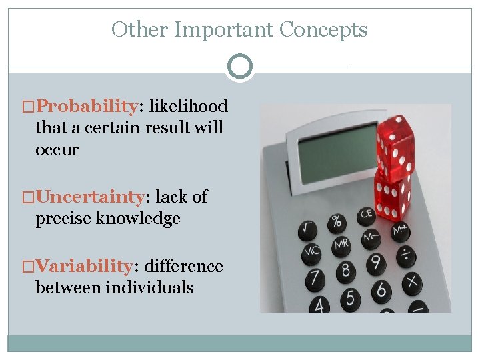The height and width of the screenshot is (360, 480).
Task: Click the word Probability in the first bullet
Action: pos(87,106)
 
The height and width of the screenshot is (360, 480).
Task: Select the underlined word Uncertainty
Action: pos(91,197)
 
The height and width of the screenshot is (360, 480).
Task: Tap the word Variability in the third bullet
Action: pos(84,266)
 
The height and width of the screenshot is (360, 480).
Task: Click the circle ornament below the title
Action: pos(239,67)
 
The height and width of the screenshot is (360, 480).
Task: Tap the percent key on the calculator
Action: pos(337,221)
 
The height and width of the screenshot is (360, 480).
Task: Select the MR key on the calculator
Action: pos(341,244)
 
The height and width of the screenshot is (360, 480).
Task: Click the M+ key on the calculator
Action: pos(400,231)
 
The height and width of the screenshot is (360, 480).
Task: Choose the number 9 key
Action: pos(375,262)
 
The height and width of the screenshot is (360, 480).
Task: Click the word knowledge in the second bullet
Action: pos(141,219)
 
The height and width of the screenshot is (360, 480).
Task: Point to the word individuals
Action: pos(149,287)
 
